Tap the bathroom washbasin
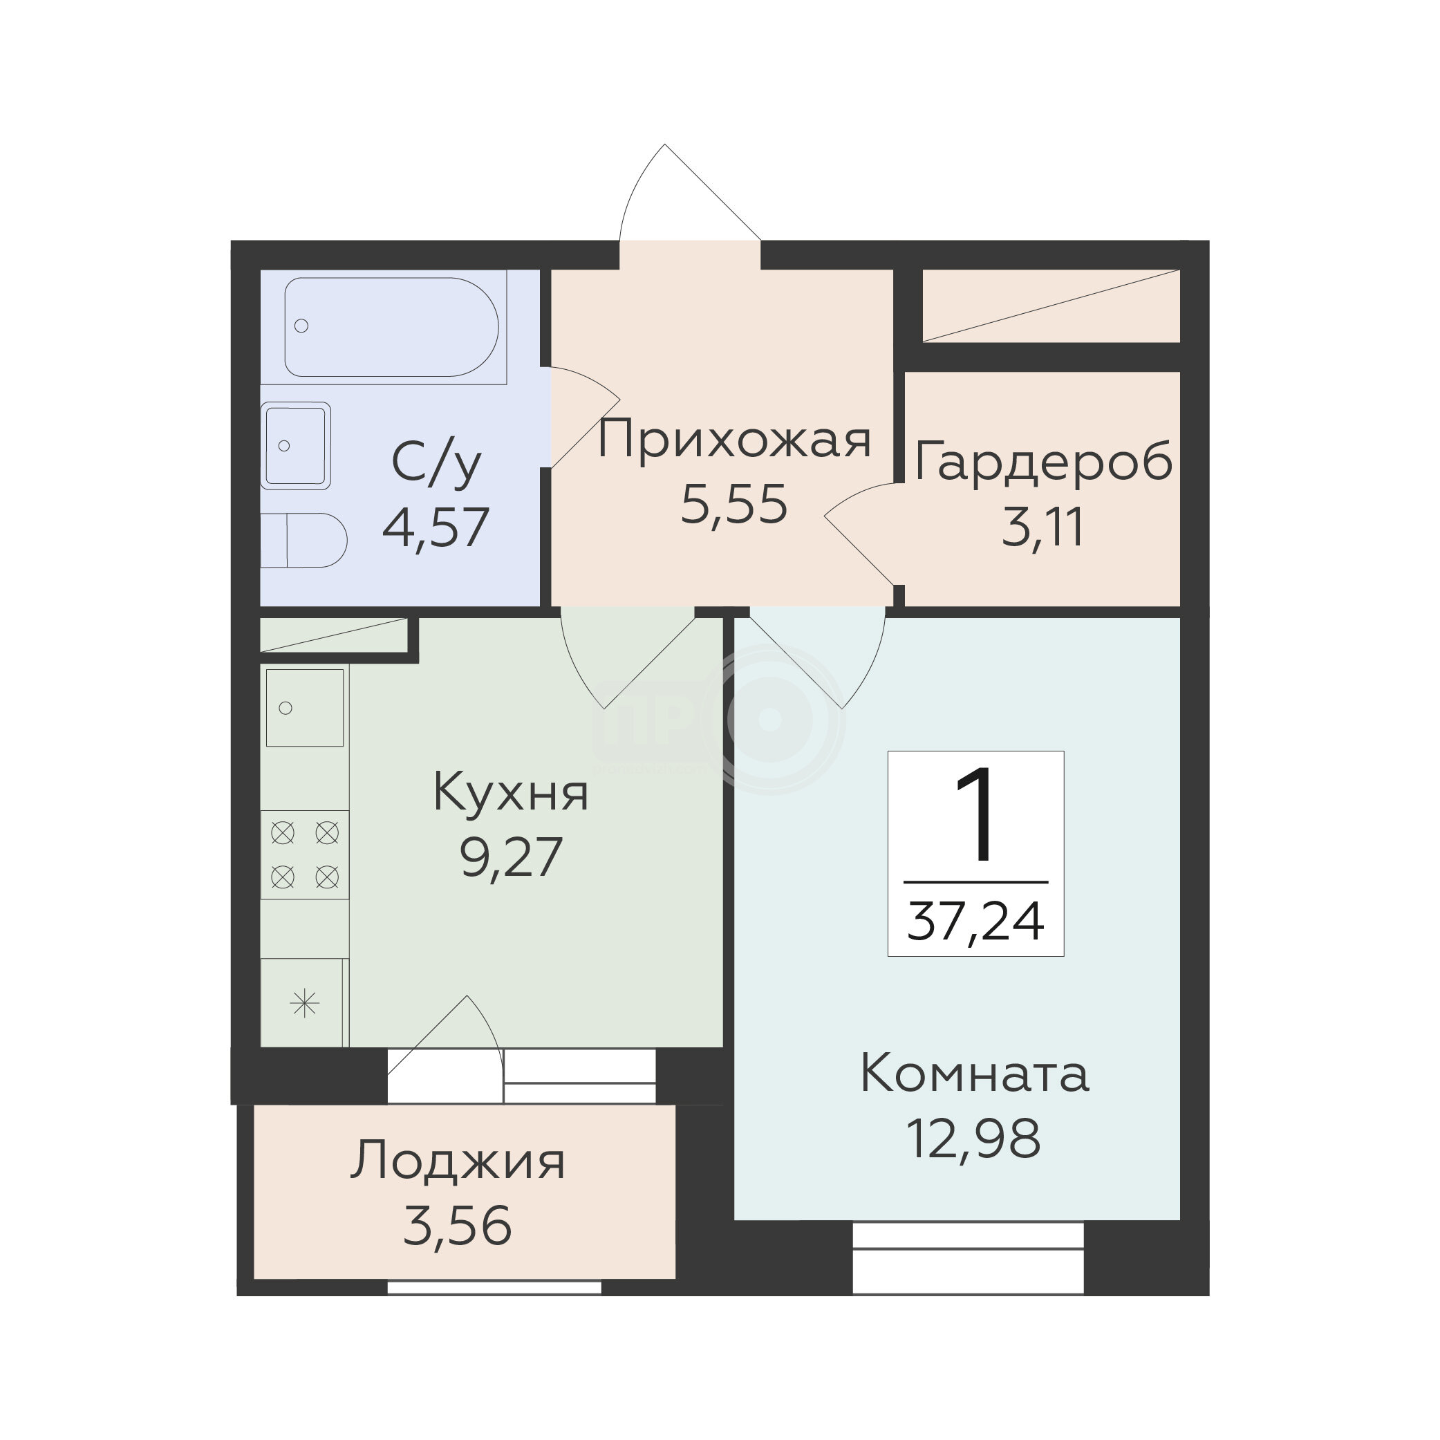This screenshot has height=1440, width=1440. point(295,446)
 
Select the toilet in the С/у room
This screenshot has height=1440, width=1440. point(304,541)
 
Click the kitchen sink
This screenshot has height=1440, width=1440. point(305,707)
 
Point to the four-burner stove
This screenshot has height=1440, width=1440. point(305,854)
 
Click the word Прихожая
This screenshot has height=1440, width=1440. point(734,440)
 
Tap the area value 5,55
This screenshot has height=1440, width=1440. point(734,505)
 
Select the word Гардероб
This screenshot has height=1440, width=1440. point(1042,462)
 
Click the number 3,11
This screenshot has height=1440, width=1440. point(1042,527)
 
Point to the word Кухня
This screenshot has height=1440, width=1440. point(512,792)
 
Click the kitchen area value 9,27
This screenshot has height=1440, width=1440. point(512,858)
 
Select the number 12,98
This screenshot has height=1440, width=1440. point(974,1139)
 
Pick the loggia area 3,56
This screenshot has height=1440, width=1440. point(458,1226)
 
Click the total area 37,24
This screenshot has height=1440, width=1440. point(975,922)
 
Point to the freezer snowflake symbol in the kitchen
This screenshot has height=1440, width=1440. point(305,1003)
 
